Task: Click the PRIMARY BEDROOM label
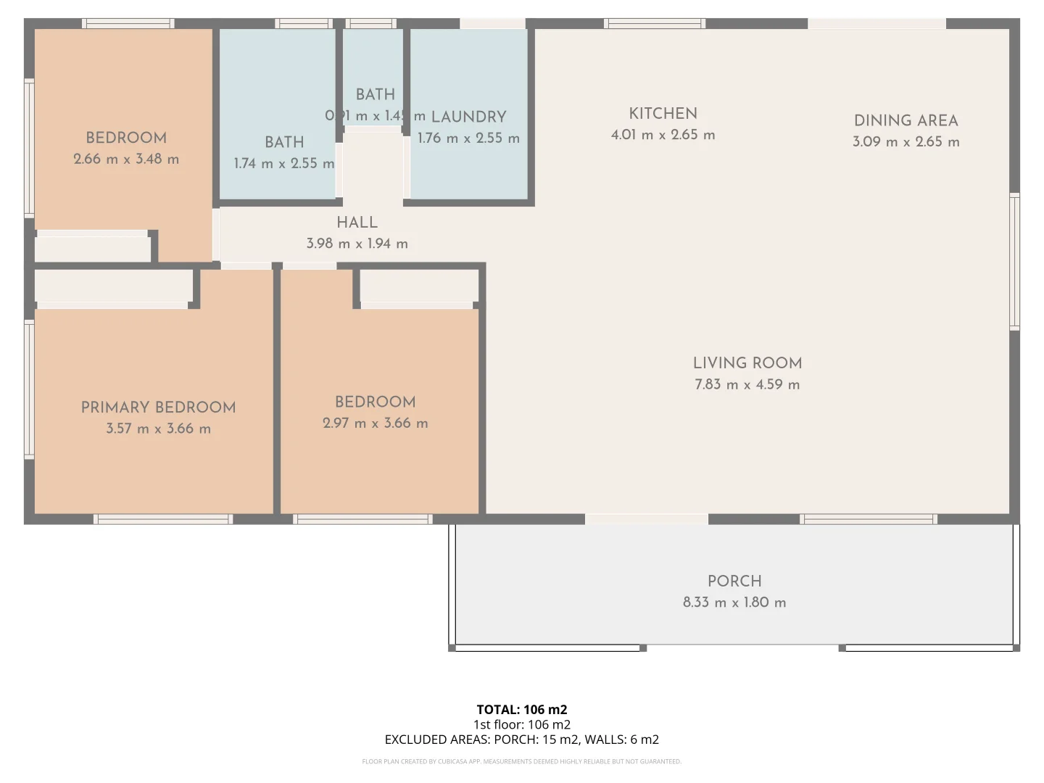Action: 158,407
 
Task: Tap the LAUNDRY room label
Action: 468,117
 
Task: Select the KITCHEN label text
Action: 663,114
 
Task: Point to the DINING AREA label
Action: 906,121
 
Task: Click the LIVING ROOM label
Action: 747,363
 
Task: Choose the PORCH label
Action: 734,581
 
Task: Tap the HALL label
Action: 357,223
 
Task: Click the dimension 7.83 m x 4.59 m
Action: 747,385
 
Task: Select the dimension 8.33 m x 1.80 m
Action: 734,602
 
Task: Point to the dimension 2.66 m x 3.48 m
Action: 126,159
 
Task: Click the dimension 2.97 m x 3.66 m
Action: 375,423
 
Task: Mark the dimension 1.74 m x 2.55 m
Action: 283,164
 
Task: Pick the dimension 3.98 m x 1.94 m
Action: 357,244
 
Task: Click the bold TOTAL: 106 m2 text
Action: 521,710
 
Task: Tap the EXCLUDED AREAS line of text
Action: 521,739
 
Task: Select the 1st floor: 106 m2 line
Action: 521,724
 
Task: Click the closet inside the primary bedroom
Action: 113,286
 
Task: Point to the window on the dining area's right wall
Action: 1014,262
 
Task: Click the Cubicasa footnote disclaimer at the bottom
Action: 521,761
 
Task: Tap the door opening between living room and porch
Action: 646,519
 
